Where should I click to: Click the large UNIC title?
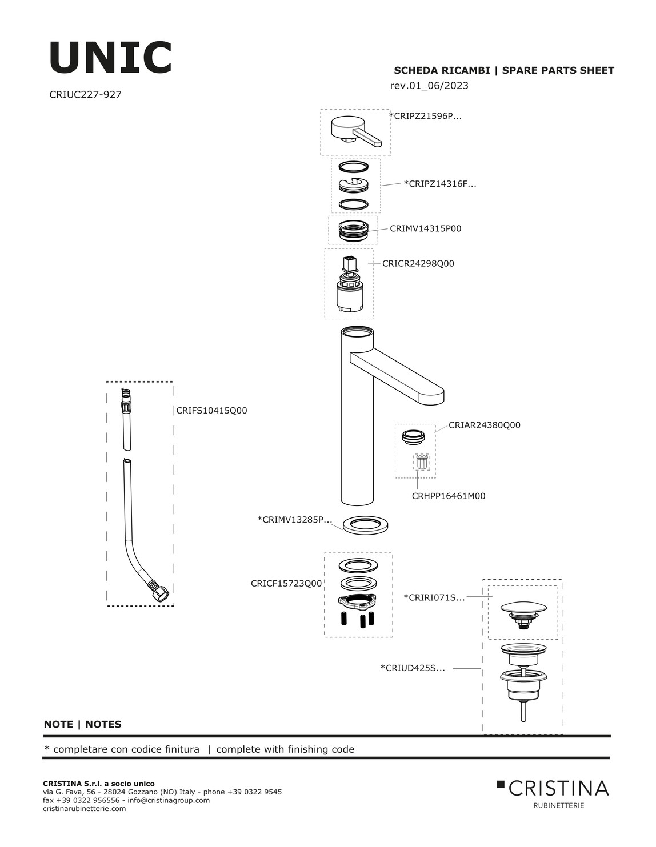pyautogui.click(x=110, y=57)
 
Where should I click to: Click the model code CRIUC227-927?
pyautogui.click(x=85, y=94)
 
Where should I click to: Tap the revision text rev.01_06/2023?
pyautogui.click(x=429, y=85)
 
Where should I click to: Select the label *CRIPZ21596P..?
pyautogui.click(x=426, y=116)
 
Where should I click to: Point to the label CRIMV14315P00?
pyautogui.click(x=426, y=228)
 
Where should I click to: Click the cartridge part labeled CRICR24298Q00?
pyautogui.click(x=349, y=283)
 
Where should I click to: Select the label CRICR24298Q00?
pyautogui.click(x=418, y=263)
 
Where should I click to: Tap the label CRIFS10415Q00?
pyautogui.click(x=212, y=411)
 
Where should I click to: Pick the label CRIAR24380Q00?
pyautogui.click(x=485, y=425)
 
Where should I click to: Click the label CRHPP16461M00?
pyautogui.click(x=449, y=496)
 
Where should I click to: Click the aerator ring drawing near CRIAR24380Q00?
pyautogui.click(x=413, y=437)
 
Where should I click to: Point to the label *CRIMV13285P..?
pyautogui.click(x=295, y=520)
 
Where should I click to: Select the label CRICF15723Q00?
pyautogui.click(x=286, y=584)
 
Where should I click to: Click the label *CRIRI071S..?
pyautogui.click(x=434, y=597)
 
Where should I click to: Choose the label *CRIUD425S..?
pyautogui.click(x=413, y=668)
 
